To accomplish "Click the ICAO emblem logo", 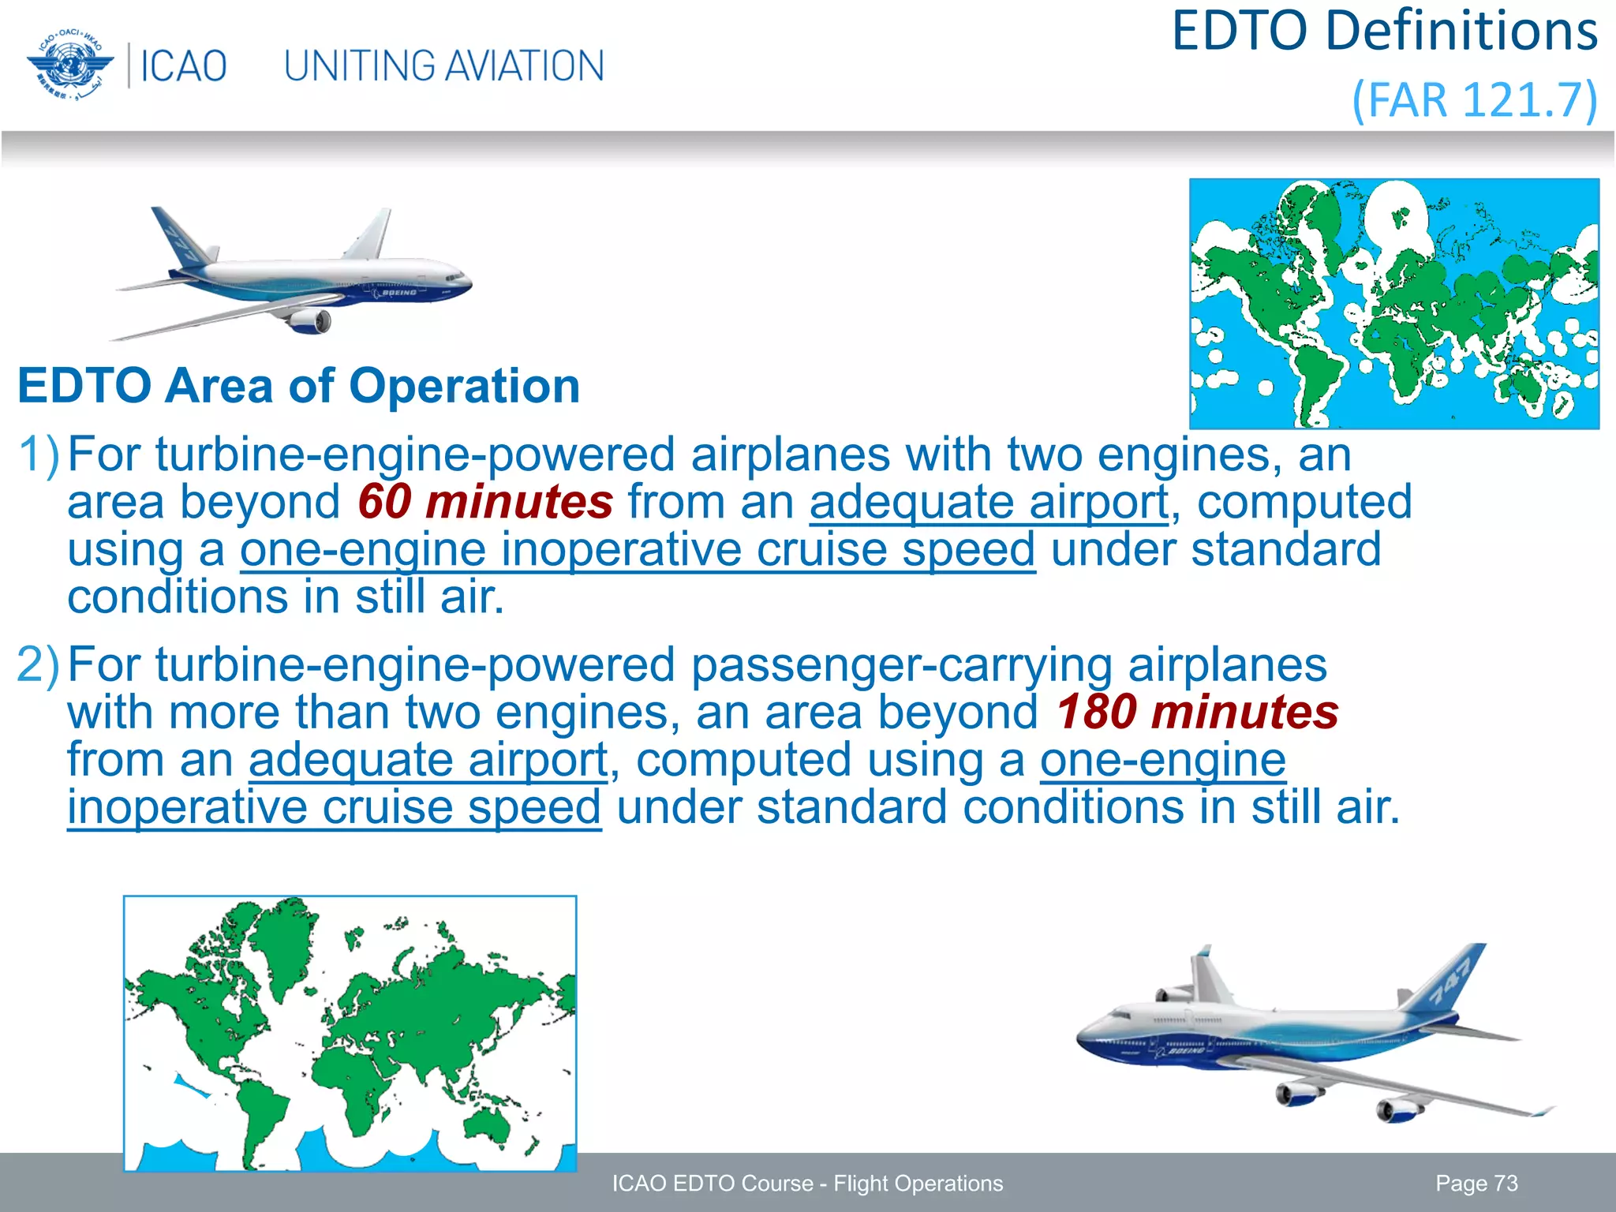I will point(69,65).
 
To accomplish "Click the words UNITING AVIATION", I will point(443,66).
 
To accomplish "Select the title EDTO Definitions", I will point(1384,32).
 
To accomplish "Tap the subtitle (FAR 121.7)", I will point(1474,100).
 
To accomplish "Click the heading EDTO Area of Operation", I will point(298,386).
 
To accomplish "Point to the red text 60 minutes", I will point(484,502).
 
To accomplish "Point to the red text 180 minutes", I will point(1196,712).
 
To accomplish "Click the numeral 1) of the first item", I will point(38,455).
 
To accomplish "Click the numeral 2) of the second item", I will point(38,665).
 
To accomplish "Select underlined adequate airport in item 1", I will point(988,503).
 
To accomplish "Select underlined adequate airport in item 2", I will point(428,760).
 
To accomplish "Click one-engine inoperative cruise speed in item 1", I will point(638,550).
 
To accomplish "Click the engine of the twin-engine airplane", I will point(310,321).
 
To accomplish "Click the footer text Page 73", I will point(1476,1184).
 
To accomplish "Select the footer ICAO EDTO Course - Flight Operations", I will point(807,1184).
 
